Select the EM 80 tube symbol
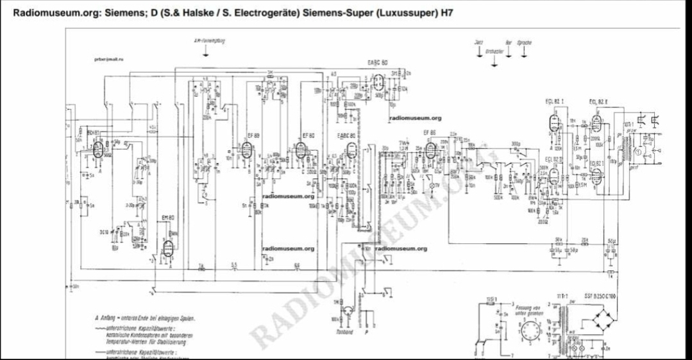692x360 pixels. click(169, 247)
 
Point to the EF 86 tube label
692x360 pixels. click(430, 132)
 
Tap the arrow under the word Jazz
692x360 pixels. click(478, 53)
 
